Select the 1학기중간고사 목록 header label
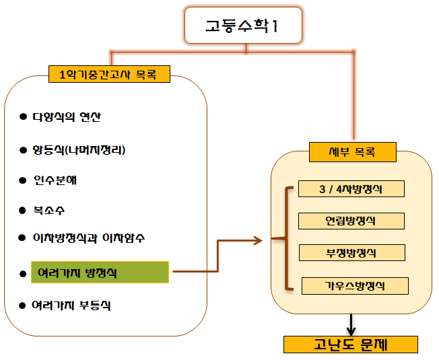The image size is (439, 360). point(109,75)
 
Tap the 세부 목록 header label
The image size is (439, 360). point(352,152)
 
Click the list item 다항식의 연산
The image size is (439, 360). point(67,116)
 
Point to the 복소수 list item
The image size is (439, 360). point(49,210)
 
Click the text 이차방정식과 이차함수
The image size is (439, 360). point(88,238)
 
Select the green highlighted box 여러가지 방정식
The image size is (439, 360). point(100,273)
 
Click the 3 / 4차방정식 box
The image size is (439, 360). point(350,189)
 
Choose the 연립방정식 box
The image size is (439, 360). point(351,221)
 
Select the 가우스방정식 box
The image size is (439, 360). point(355,286)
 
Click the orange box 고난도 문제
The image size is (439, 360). point(350,345)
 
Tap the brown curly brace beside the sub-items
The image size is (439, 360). point(288,239)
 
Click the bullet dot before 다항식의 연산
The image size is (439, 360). point(22,117)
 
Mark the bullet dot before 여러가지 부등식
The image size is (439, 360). point(22,306)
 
